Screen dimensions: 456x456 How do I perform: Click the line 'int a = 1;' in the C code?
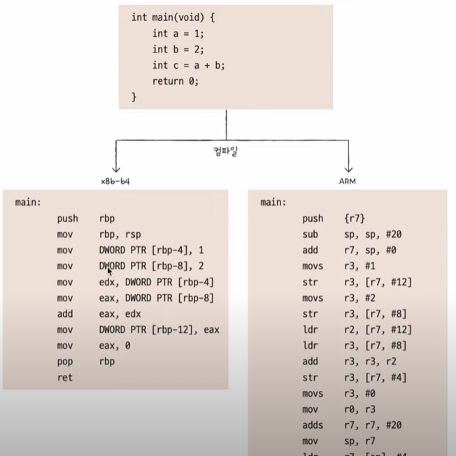(x=178, y=33)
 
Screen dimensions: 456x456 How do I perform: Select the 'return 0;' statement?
(x=176, y=81)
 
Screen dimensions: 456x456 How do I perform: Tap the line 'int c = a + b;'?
(x=188, y=65)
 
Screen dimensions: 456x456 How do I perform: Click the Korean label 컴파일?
(x=226, y=150)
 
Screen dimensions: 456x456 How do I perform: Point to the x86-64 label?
(x=115, y=180)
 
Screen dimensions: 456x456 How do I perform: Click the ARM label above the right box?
(x=348, y=180)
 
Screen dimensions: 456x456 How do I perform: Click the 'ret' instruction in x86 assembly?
(x=64, y=378)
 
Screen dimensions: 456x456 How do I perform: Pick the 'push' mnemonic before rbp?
(x=68, y=218)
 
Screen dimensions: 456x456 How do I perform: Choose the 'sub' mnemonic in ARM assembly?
(x=311, y=234)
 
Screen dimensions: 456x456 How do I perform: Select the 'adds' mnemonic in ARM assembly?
(x=313, y=425)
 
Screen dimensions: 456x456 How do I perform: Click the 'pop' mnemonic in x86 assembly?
(x=64, y=362)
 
